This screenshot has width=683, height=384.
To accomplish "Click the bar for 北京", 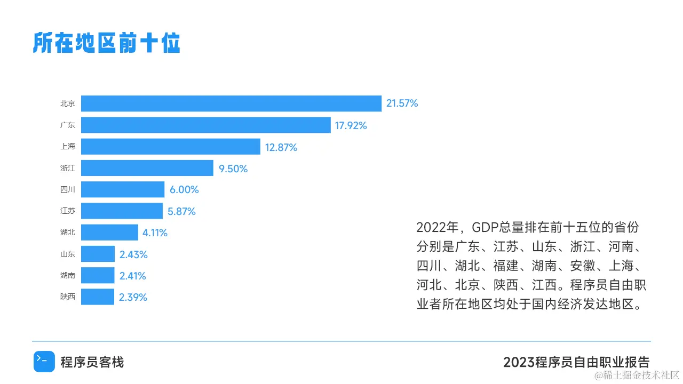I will (x=231, y=103).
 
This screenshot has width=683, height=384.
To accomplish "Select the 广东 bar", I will (x=206, y=125).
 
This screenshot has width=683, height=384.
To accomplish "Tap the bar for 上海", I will (x=171, y=147).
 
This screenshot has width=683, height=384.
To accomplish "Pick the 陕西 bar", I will (x=98, y=297).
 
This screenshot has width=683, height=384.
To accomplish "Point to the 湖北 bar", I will (x=109, y=233).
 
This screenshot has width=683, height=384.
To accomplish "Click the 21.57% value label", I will (x=402, y=103).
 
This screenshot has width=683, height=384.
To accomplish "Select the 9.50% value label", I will (x=233, y=169).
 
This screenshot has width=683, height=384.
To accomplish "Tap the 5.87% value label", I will (x=181, y=211).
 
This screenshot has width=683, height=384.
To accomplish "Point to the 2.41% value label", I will (x=133, y=276).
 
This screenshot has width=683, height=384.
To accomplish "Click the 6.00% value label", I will (x=184, y=190).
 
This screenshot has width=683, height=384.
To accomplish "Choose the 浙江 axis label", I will (x=68, y=169).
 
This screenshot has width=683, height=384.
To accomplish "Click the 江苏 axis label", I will (x=68, y=211).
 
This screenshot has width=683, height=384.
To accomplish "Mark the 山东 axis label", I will (x=68, y=254).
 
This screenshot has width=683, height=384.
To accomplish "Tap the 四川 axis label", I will (x=68, y=190).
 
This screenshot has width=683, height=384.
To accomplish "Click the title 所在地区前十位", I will (x=106, y=43).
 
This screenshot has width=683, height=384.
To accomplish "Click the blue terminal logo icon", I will (x=44, y=362).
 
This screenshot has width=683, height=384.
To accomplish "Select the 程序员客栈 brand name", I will (x=92, y=363).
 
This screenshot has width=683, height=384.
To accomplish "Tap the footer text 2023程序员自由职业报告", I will (x=576, y=362).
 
